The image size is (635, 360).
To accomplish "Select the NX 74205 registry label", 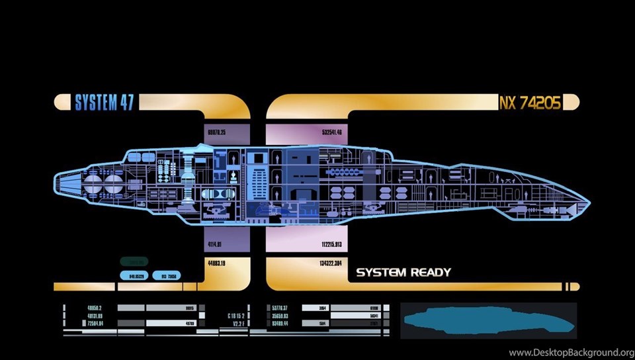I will [x=531, y=103].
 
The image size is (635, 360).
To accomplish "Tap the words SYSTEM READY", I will [x=403, y=272].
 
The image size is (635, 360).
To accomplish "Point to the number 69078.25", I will [x=216, y=133].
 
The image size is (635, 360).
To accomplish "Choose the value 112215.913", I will [x=331, y=244].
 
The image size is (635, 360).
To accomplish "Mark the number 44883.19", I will [x=215, y=263].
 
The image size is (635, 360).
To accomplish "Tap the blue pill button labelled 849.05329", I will [x=136, y=275].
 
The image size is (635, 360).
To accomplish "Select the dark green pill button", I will [x=134, y=261].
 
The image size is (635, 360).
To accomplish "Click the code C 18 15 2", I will [x=236, y=316].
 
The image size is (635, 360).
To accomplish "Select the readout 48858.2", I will [x=93, y=308].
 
